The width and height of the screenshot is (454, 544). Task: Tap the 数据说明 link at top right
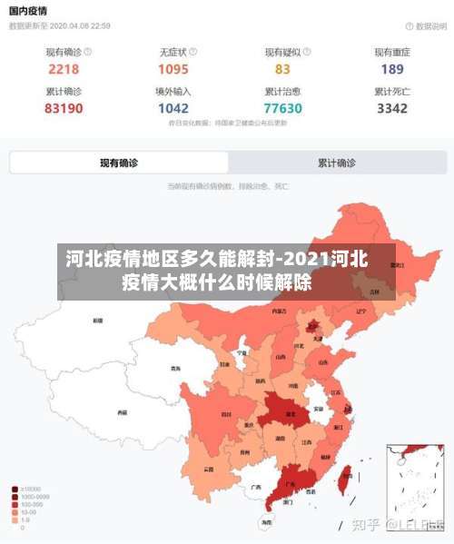tap(421, 26)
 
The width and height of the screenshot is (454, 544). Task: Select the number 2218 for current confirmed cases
tap(64, 69)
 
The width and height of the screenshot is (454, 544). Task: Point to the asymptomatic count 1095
tap(173, 69)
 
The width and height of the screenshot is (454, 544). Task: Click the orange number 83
tap(282, 69)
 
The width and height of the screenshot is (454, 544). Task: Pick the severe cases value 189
tap(392, 69)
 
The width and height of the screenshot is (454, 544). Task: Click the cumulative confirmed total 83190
tap(64, 108)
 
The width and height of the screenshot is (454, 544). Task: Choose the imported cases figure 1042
tap(173, 108)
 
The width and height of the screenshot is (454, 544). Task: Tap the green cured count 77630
tap(282, 108)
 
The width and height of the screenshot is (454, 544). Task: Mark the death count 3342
tap(392, 108)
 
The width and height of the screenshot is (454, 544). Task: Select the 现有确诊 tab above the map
tap(119, 163)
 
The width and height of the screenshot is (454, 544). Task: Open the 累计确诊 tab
tap(337, 163)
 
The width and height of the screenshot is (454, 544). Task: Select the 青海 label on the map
tap(175, 370)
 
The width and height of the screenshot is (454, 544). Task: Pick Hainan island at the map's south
tap(265, 521)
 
